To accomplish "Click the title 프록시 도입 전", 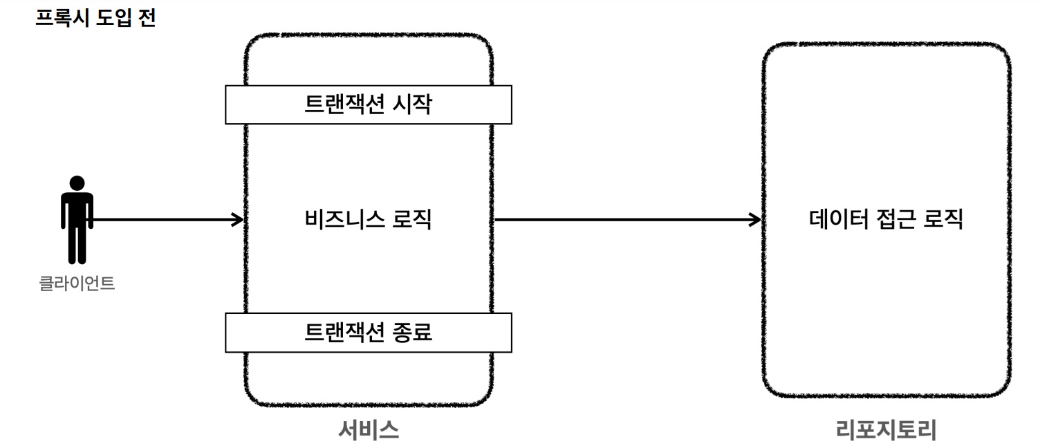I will point(95,17).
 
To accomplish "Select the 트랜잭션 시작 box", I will point(368,104).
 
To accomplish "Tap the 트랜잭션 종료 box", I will point(368,333).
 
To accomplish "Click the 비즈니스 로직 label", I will point(368,220).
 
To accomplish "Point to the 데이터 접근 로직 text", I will point(886,220).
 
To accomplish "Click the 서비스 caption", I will point(369,430).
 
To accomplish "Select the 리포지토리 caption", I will point(886,430).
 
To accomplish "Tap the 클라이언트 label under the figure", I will point(77,284).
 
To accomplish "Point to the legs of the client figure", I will point(77,245).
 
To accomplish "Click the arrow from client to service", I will point(166,220).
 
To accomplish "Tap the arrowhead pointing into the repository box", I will point(755,220).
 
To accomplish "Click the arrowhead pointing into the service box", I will point(238,220).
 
